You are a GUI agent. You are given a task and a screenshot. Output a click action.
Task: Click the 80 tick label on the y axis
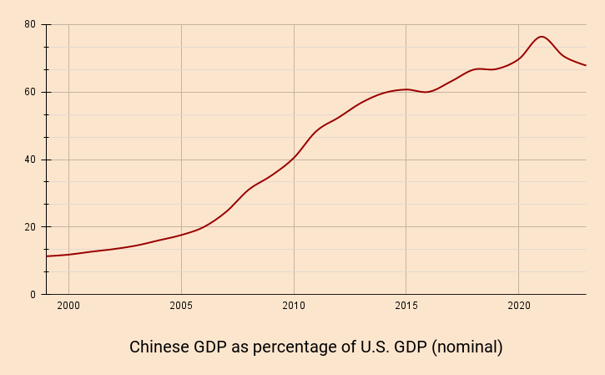point(29,25)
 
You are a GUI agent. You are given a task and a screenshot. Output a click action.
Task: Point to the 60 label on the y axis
point(29,92)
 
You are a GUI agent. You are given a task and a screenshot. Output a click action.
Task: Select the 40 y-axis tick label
point(29,160)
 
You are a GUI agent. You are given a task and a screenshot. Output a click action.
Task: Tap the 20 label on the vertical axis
point(29,227)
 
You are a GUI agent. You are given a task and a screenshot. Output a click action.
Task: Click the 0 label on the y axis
point(33,295)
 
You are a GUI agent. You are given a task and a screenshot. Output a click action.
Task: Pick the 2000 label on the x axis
point(68,307)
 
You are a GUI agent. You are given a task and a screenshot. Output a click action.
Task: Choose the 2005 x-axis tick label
point(181,307)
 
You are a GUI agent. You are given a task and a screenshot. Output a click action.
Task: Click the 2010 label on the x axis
point(294,307)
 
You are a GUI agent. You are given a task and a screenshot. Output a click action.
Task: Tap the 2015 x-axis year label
point(406,307)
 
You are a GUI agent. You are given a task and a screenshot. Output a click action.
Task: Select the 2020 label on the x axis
point(518,307)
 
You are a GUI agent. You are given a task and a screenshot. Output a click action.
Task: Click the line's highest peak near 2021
point(542,37)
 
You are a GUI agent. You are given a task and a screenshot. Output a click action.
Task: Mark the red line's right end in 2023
point(586,65)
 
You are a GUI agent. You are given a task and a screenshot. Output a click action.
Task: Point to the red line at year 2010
point(294,157)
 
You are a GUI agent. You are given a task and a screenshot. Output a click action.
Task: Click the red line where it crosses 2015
point(406,89)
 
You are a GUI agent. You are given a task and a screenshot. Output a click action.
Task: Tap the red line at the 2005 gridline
point(181,235)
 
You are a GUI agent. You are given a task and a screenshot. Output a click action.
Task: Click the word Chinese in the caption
point(159,347)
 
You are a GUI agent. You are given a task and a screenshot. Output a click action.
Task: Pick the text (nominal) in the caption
point(466,347)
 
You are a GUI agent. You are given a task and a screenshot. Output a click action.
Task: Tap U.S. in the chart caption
point(375,347)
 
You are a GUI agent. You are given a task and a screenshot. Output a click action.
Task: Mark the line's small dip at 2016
point(427,92)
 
